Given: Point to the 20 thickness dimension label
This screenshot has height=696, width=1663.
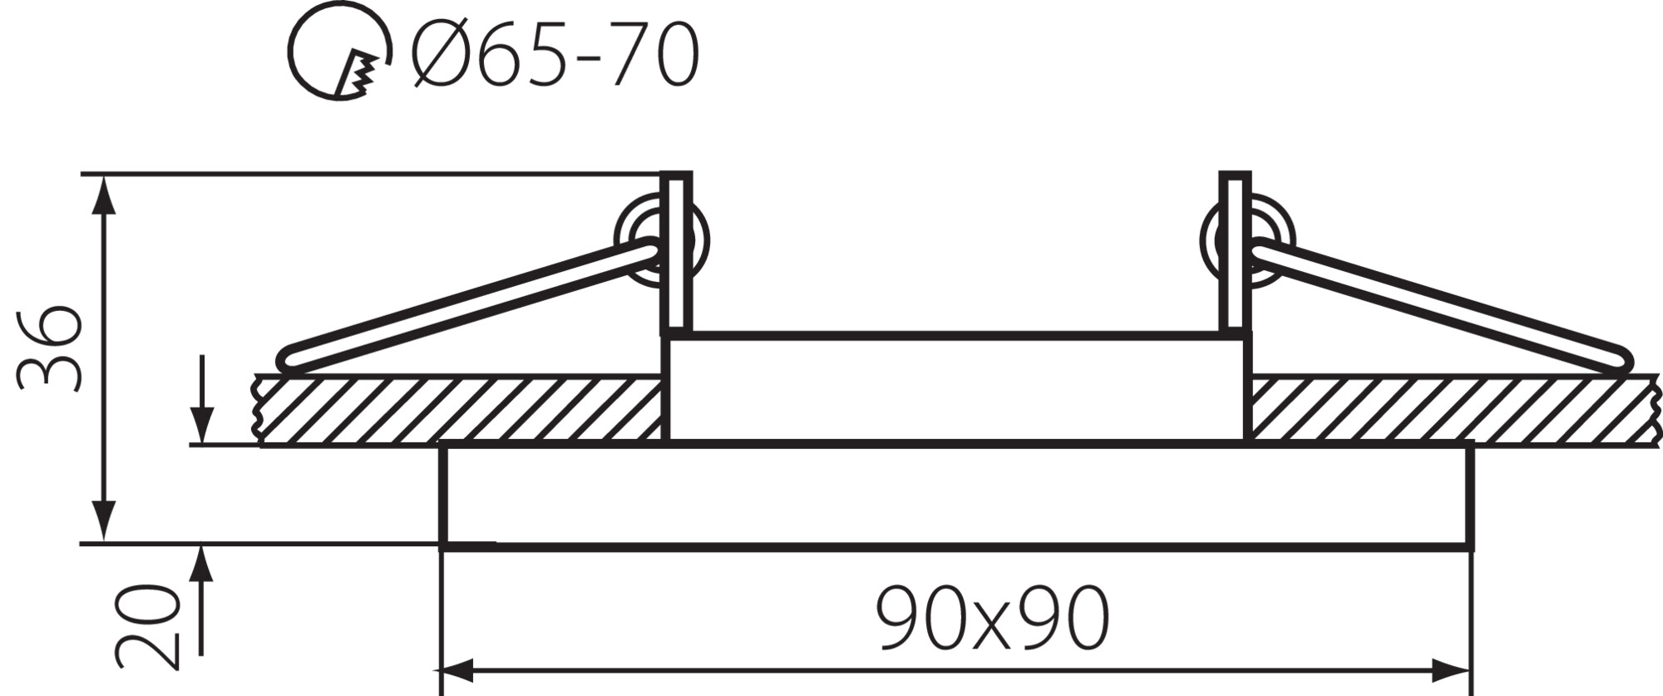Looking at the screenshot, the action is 148,625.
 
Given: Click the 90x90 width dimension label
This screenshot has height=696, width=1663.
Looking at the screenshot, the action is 993,619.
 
